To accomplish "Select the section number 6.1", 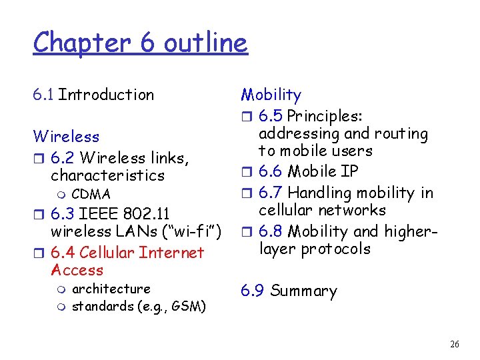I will pos(43,95).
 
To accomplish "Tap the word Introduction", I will pos(106,95).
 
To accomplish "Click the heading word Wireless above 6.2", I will pos(66,137).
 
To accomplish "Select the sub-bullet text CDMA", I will pos(91,194).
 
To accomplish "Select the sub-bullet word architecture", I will pos(111,289).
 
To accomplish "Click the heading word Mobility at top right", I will pos(271,95).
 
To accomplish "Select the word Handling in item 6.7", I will pos(317,193).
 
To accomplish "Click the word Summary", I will pos(303,291).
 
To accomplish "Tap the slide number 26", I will pos(455,344).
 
